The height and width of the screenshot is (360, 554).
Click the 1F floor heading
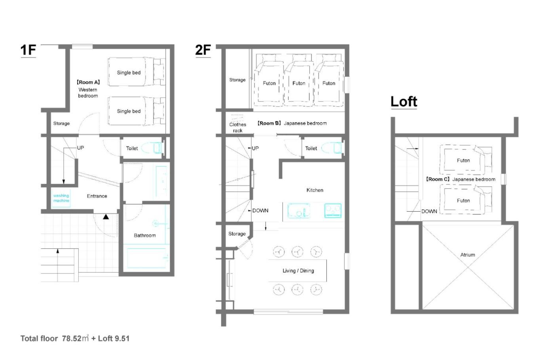tap(28, 50)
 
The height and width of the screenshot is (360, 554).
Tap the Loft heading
tap(404, 101)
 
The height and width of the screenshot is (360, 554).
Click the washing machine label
tap(61, 198)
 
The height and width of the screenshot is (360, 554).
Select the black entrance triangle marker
tap(106, 217)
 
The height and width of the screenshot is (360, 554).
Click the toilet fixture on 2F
tap(332, 148)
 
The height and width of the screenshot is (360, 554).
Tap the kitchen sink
tap(299, 210)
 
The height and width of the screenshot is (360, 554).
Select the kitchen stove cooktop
tap(333, 210)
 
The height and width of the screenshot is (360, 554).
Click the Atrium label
tap(467, 255)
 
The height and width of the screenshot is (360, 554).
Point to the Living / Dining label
tap(298, 271)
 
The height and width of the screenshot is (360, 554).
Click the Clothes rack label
tap(238, 127)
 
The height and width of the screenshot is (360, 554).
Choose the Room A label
tap(88, 82)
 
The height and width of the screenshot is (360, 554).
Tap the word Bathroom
tap(145, 235)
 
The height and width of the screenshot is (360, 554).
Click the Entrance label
tap(97, 196)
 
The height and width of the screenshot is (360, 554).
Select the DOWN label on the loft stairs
tap(429, 211)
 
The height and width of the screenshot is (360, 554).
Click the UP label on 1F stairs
tap(80, 148)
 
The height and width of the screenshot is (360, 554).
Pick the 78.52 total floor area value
tap(72, 339)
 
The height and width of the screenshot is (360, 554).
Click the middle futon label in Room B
tap(299, 83)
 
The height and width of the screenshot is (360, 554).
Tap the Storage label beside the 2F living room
tap(237, 234)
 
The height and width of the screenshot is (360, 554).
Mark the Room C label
tap(437, 179)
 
